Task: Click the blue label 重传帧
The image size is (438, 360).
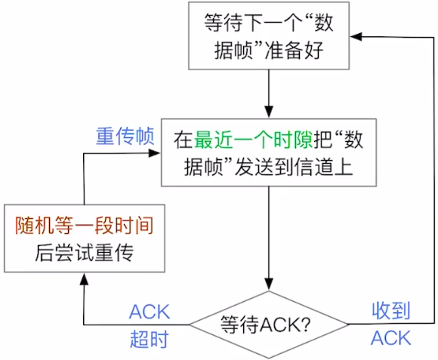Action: (125, 136)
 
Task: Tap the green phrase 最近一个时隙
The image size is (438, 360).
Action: (253, 140)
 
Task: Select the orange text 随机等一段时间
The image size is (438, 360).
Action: (85, 225)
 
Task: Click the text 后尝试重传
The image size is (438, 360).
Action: (85, 253)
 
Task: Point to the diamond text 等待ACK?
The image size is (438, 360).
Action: (265, 325)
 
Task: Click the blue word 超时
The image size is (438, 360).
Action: (150, 339)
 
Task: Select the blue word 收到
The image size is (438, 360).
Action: (391, 310)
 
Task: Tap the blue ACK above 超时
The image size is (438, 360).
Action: (150, 312)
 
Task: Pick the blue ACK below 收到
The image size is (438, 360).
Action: (391, 337)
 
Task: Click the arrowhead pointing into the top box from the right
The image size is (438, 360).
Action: (356, 36)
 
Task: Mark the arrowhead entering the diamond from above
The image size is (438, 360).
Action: (269, 284)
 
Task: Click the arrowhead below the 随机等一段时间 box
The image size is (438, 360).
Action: (84, 279)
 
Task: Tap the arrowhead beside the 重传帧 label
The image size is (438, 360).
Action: (154, 153)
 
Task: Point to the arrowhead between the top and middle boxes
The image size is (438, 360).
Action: (269, 112)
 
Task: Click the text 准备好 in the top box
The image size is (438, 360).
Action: (295, 51)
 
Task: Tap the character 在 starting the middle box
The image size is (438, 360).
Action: (184, 140)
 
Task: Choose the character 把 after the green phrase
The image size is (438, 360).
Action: (323, 140)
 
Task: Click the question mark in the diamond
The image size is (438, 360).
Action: (306, 325)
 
